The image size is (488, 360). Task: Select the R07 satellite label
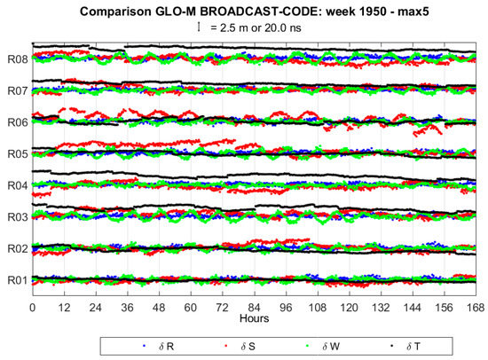(17, 90)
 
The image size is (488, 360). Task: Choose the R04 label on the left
(17, 185)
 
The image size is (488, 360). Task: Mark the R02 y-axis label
(17, 249)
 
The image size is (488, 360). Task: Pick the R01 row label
(17, 280)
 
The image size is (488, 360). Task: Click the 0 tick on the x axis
(32, 307)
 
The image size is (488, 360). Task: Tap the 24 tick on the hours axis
(95, 307)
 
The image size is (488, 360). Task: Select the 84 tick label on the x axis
(254, 307)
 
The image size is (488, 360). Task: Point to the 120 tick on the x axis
(349, 307)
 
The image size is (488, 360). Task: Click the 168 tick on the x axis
(476, 307)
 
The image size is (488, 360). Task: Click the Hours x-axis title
(253, 317)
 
